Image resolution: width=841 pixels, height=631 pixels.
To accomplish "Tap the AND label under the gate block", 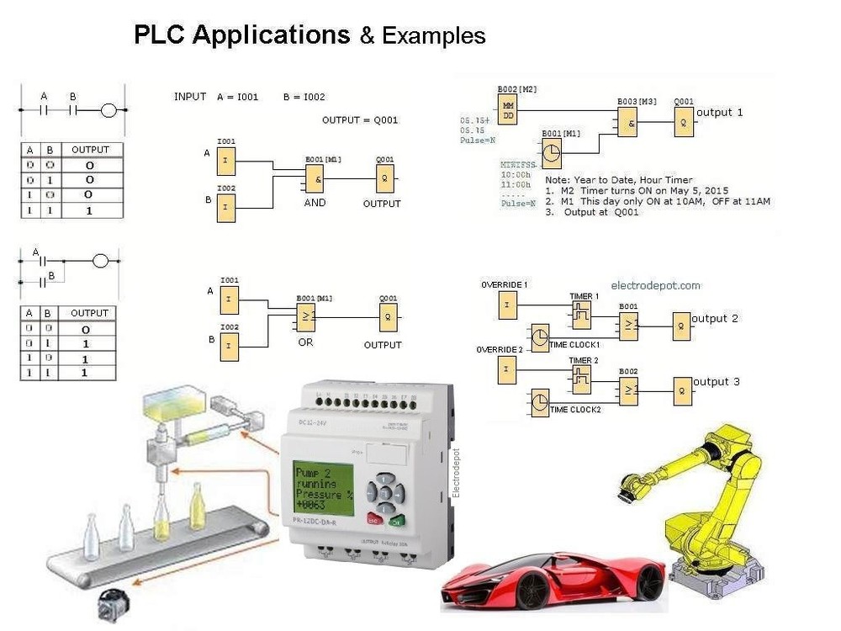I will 315,203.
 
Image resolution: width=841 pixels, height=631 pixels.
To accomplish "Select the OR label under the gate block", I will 305,343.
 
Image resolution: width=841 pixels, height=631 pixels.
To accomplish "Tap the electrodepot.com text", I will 656,285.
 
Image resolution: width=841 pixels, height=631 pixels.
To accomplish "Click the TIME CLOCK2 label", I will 575,410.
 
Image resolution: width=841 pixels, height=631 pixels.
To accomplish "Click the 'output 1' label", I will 720,112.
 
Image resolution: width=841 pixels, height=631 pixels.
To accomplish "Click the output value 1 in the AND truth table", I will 89,210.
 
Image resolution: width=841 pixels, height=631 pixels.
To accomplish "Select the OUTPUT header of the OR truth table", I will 89,313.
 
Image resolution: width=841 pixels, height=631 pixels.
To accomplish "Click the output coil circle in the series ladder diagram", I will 108,109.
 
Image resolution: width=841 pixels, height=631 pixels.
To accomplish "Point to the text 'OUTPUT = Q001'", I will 360,119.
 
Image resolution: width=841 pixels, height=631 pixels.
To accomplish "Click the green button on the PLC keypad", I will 398,519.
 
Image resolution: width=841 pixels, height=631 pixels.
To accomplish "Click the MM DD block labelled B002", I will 508,109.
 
